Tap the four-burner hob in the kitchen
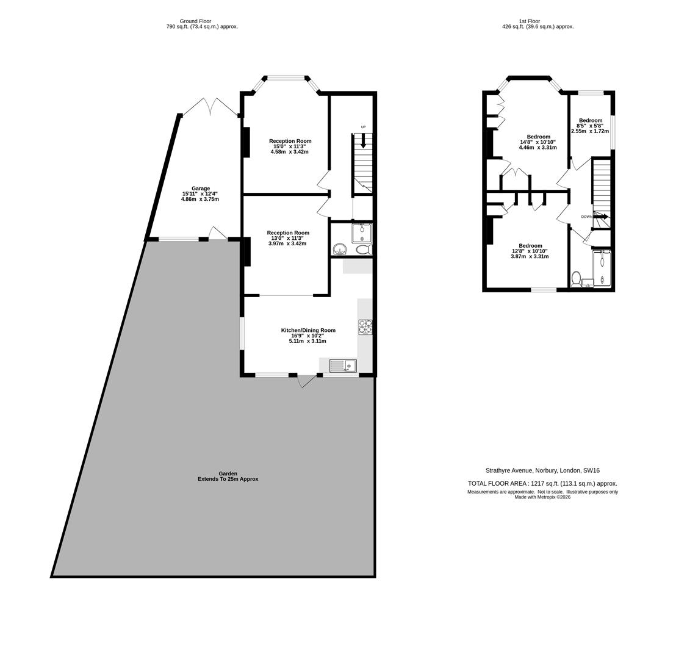[x=365, y=327]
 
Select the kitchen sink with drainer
[x=343, y=366]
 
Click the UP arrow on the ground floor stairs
[x=364, y=141]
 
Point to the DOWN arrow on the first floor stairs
[x=600, y=217]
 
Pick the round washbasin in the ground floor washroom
[x=340, y=249]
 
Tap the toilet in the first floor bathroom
[x=576, y=279]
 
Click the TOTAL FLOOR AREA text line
[x=542, y=483]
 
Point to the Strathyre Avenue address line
[x=542, y=470]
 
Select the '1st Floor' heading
[x=529, y=21]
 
